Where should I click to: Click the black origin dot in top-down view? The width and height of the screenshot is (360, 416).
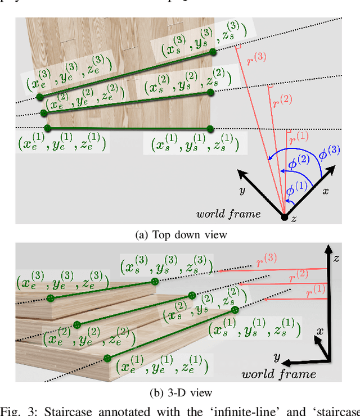(284, 217)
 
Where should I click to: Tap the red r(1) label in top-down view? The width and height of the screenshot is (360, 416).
(299, 136)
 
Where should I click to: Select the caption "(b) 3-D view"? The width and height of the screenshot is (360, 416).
(179, 393)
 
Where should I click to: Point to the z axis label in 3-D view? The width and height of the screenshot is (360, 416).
(336, 258)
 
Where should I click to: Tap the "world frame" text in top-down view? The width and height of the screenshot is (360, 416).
(228, 214)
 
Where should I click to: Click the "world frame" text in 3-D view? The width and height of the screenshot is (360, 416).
(278, 374)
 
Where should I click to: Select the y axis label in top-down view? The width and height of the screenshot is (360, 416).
(242, 191)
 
